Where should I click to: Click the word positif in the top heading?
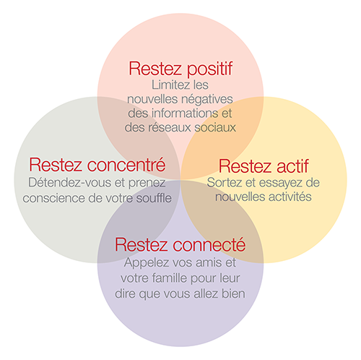tap(209, 69)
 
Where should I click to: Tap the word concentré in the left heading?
tap(126, 165)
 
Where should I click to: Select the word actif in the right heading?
tap(292, 166)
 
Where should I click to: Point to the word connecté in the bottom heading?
tap(209, 244)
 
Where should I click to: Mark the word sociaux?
tap(215, 127)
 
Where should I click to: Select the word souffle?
tap(154, 198)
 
